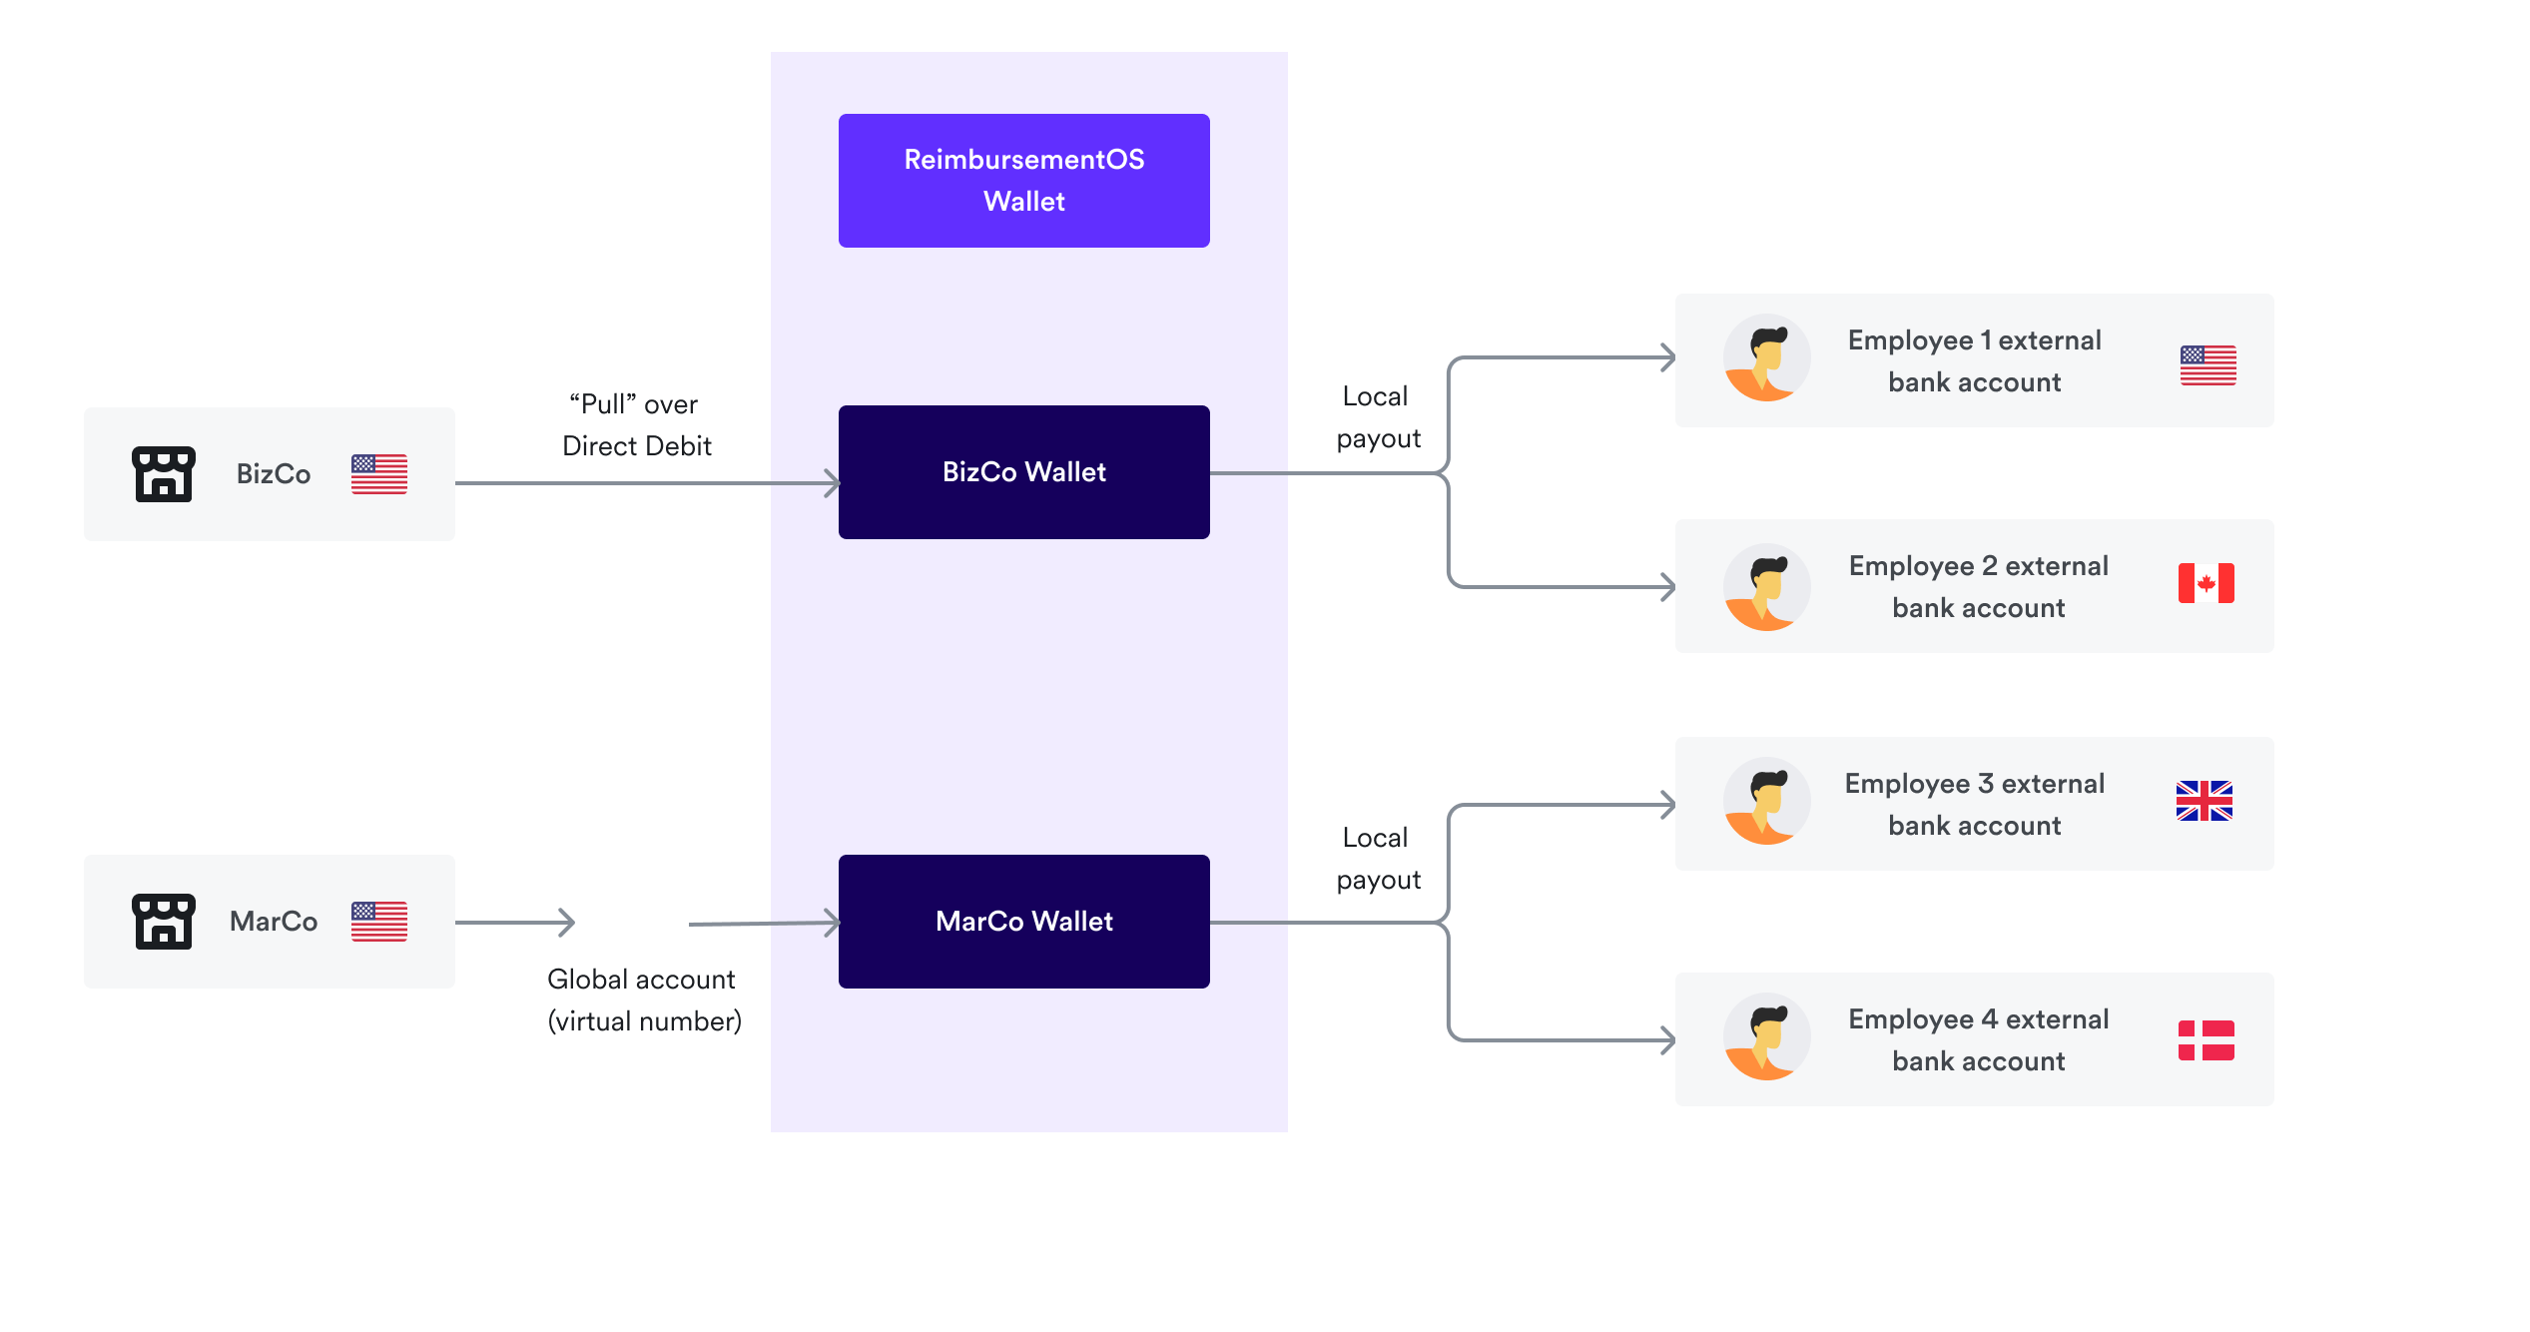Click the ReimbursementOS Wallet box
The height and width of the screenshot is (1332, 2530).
pyautogui.click(x=1023, y=181)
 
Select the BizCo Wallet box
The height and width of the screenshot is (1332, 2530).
pyautogui.click(x=1023, y=472)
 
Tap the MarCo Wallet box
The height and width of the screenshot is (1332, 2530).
pyautogui.click(x=1023, y=921)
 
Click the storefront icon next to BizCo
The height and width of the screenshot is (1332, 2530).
pyautogui.click(x=164, y=474)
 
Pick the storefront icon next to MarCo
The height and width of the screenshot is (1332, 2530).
pyautogui.click(x=164, y=921)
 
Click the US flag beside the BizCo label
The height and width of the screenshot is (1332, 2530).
pyautogui.click(x=378, y=474)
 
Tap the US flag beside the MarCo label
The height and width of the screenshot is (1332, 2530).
pyautogui.click(x=378, y=921)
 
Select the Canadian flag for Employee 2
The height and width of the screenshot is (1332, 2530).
pyautogui.click(x=2206, y=583)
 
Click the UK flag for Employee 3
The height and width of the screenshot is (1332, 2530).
pyautogui.click(x=2204, y=801)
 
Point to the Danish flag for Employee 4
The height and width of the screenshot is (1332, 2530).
pyautogui.click(x=2206, y=1040)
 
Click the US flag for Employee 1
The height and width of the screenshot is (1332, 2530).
pyautogui.click(x=2208, y=365)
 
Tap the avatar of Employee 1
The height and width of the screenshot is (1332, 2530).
pyautogui.click(x=1766, y=358)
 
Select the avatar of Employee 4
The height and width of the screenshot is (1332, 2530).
pyautogui.click(x=1766, y=1036)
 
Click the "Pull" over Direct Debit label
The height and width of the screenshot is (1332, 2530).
pyautogui.click(x=636, y=425)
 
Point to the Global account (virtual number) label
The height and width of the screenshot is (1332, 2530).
pyautogui.click(x=644, y=999)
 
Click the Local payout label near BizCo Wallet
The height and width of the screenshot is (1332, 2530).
pyautogui.click(x=1377, y=417)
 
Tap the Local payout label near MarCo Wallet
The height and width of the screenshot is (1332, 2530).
pyautogui.click(x=1377, y=859)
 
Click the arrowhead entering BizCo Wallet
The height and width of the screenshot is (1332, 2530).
pyautogui.click(x=831, y=483)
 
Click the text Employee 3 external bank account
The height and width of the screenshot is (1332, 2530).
pyautogui.click(x=1974, y=805)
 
